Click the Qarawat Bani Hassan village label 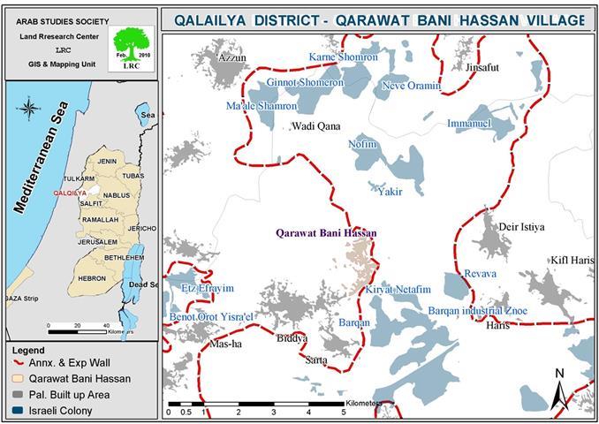326,233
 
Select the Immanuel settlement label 468,124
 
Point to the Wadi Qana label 315,126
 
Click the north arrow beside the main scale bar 559,390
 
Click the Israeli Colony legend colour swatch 19,411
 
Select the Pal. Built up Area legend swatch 19,395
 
